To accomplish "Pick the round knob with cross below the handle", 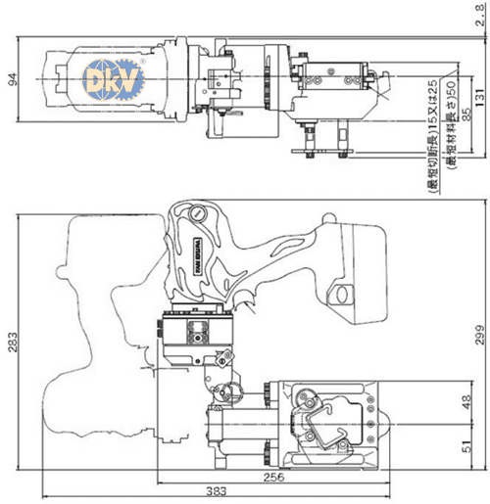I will pyautogui.click(x=232, y=393).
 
